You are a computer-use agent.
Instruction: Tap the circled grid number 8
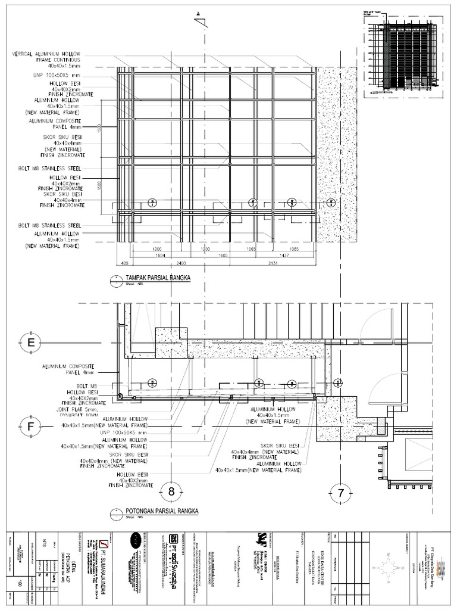[171, 491]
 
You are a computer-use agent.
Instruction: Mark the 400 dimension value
[125, 262]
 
